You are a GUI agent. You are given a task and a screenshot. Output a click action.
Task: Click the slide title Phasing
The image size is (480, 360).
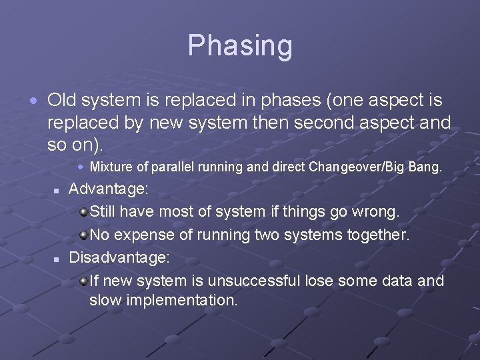pyautogui.click(x=240, y=46)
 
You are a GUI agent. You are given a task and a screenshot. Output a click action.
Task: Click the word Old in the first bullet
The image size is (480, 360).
pyautogui.click(x=61, y=101)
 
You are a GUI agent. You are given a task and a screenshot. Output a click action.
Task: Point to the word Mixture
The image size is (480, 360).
pyautogui.click(x=111, y=167)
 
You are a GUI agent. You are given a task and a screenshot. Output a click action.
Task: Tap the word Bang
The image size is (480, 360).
pyautogui.click(x=427, y=167)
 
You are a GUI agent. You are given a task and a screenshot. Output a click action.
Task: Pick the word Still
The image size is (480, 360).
pyautogui.click(x=104, y=212)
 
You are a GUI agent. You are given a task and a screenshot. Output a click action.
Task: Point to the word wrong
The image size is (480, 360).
pyautogui.click(x=377, y=212)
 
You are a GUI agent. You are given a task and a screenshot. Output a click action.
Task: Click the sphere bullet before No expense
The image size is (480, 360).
pyautogui.click(x=83, y=235)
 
